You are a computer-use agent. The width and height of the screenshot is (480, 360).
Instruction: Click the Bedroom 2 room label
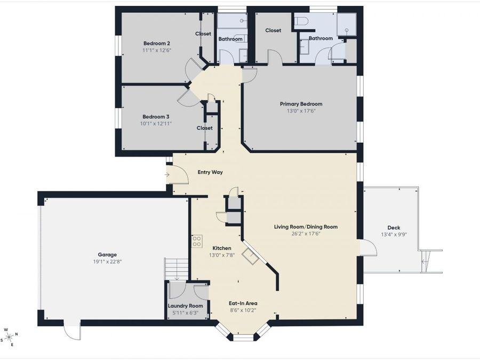[156, 43]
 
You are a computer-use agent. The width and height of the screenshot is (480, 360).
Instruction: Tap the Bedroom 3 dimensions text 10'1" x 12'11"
[156, 124]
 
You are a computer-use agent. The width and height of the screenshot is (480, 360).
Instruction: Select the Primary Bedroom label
[301, 104]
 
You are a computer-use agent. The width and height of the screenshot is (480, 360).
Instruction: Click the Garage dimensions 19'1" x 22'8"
[107, 262]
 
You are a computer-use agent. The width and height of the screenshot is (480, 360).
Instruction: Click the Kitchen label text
[222, 249]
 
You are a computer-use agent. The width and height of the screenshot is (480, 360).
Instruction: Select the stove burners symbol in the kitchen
[197, 241]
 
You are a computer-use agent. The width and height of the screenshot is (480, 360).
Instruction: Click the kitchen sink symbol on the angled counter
[250, 255]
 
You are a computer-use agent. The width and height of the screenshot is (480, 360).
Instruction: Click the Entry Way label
[210, 172]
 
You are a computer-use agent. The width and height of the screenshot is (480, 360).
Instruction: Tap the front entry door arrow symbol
[167, 174]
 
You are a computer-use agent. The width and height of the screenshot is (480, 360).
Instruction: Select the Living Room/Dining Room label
[306, 227]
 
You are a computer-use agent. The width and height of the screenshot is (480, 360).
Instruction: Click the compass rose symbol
[9, 337]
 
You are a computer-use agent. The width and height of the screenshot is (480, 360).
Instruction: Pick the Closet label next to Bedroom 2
[203, 34]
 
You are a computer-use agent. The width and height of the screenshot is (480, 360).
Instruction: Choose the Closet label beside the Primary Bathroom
[273, 30]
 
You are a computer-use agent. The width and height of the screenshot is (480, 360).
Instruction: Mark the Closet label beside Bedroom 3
[205, 128]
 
